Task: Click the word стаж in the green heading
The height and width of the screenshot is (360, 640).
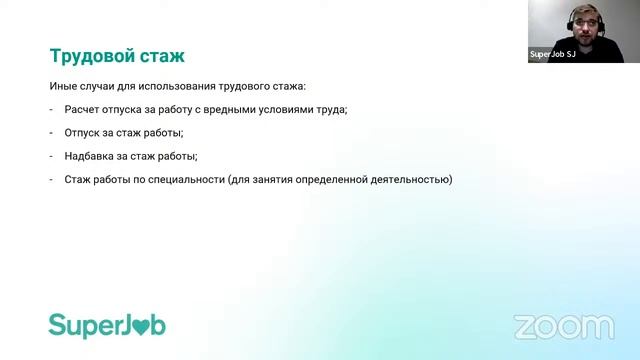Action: pyautogui.click(x=163, y=53)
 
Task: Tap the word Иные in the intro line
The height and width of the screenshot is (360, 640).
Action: pyautogui.click(x=63, y=86)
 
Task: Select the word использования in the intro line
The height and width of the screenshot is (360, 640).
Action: pyautogui.click(x=186, y=86)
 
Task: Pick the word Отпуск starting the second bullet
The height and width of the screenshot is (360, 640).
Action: pyautogui.click(x=85, y=133)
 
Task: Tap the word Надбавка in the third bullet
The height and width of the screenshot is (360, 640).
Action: pyautogui.click(x=92, y=156)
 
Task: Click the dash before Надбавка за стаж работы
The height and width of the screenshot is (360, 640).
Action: pyautogui.click(x=51, y=156)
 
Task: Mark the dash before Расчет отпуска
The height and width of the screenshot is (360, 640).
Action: pyautogui.click(x=51, y=109)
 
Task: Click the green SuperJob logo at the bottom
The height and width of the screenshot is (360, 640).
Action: pyautogui.click(x=107, y=325)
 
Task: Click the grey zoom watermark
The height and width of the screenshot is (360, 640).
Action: pyautogui.click(x=563, y=326)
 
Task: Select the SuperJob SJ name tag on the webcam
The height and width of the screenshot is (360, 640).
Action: pyautogui.click(x=552, y=56)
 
